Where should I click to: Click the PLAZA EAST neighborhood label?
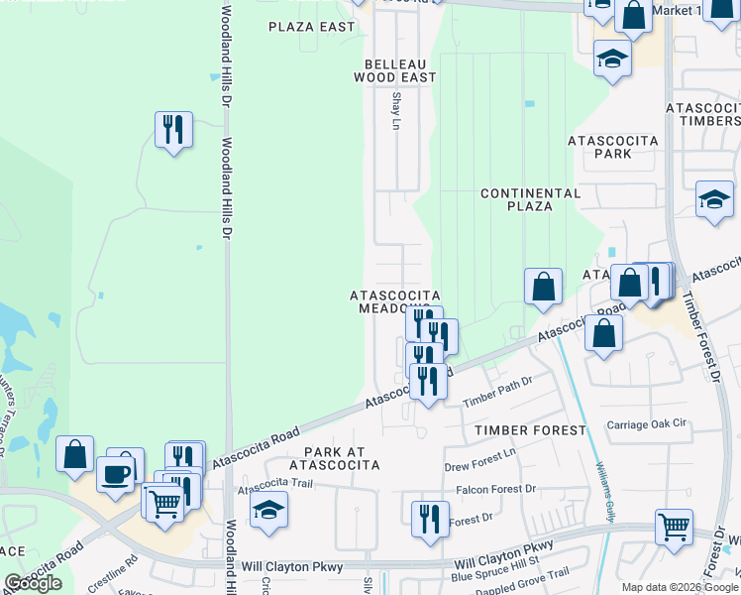click(311, 27)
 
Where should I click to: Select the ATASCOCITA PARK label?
click(613, 147)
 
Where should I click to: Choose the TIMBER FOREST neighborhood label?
click(530, 430)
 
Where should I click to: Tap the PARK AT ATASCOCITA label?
click(334, 457)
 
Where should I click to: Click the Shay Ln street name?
click(396, 111)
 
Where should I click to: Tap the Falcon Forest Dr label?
click(495, 489)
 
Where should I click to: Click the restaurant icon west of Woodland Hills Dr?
click(173, 129)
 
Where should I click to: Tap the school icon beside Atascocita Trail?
click(268, 510)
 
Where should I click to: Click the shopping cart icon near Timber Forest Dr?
click(674, 528)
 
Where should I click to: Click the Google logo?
click(33, 583)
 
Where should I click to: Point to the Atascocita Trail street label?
click(275, 487)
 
